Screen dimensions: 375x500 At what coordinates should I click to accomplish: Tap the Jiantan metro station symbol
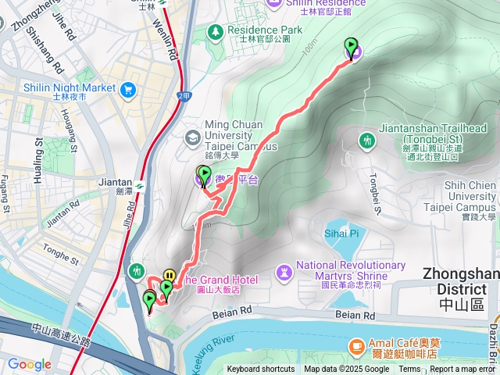pyautogui.click(x=138, y=186)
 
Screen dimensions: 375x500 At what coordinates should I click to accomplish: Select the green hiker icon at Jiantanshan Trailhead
pyautogui.click(x=367, y=141)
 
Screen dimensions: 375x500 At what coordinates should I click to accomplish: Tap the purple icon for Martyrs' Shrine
pyautogui.click(x=283, y=271)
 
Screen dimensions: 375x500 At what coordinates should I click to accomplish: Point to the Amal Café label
pyautogui.click(x=410, y=345)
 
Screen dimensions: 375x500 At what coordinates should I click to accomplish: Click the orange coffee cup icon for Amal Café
pyautogui.click(x=356, y=345)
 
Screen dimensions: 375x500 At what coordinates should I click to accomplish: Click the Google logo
pyautogui.click(x=29, y=364)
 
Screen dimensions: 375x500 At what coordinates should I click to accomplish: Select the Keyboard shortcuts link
pyautogui.click(x=261, y=370)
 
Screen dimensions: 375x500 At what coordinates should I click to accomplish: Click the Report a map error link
pyautogui.click(x=465, y=370)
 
